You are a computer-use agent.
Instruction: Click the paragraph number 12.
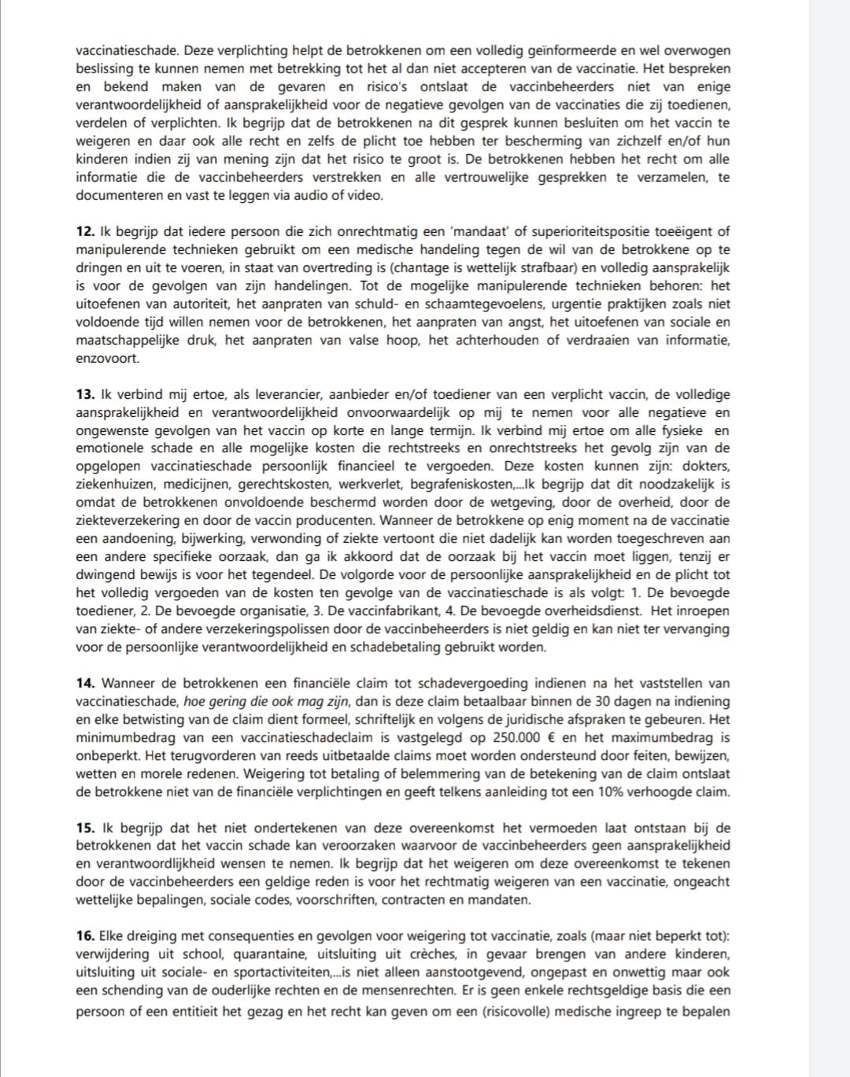click(85, 231)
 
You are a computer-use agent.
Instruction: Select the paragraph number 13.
click(85, 394)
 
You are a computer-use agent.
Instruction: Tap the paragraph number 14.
click(85, 683)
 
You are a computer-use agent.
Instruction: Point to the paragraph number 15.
click(85, 828)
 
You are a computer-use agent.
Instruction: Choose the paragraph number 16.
click(85, 936)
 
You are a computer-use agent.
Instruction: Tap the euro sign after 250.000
click(548, 737)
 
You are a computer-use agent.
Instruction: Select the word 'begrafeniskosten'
click(461, 484)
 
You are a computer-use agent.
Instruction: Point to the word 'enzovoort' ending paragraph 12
click(106, 358)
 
